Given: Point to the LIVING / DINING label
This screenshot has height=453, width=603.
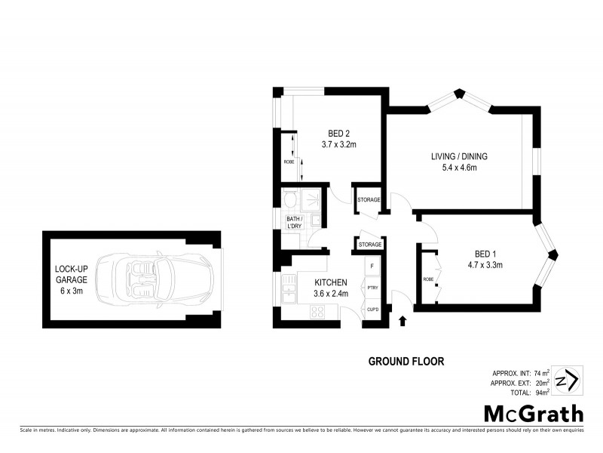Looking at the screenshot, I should pyautogui.click(x=459, y=156).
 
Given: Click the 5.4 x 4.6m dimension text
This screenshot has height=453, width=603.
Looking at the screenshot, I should pyautogui.click(x=459, y=168).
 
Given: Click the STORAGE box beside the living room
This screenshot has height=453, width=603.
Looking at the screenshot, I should pyautogui.click(x=369, y=200).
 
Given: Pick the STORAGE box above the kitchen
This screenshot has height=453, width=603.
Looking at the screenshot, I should pyautogui.click(x=369, y=245).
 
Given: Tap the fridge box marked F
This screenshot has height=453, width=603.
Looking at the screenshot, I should pyautogui.click(x=372, y=267).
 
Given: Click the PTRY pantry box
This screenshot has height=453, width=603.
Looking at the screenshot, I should pyautogui.click(x=372, y=288).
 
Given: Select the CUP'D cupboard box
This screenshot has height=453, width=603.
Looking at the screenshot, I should pyautogui.click(x=372, y=310).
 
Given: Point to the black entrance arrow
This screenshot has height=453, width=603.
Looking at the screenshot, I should pyautogui.click(x=401, y=322).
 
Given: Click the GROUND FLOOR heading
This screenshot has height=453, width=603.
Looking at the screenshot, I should pyautogui.click(x=406, y=362).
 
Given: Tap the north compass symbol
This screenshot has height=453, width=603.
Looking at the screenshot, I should pyautogui.click(x=566, y=379).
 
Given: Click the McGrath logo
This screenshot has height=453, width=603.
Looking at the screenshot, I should pyautogui.click(x=533, y=413).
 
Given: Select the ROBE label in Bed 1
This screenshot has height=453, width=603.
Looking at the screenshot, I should pyautogui.click(x=427, y=279).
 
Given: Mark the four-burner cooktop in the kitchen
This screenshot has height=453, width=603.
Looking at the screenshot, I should pyautogui.click(x=320, y=311).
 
